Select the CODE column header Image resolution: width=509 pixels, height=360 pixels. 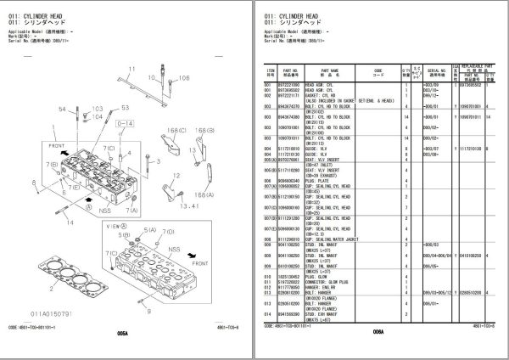click(378, 73)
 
